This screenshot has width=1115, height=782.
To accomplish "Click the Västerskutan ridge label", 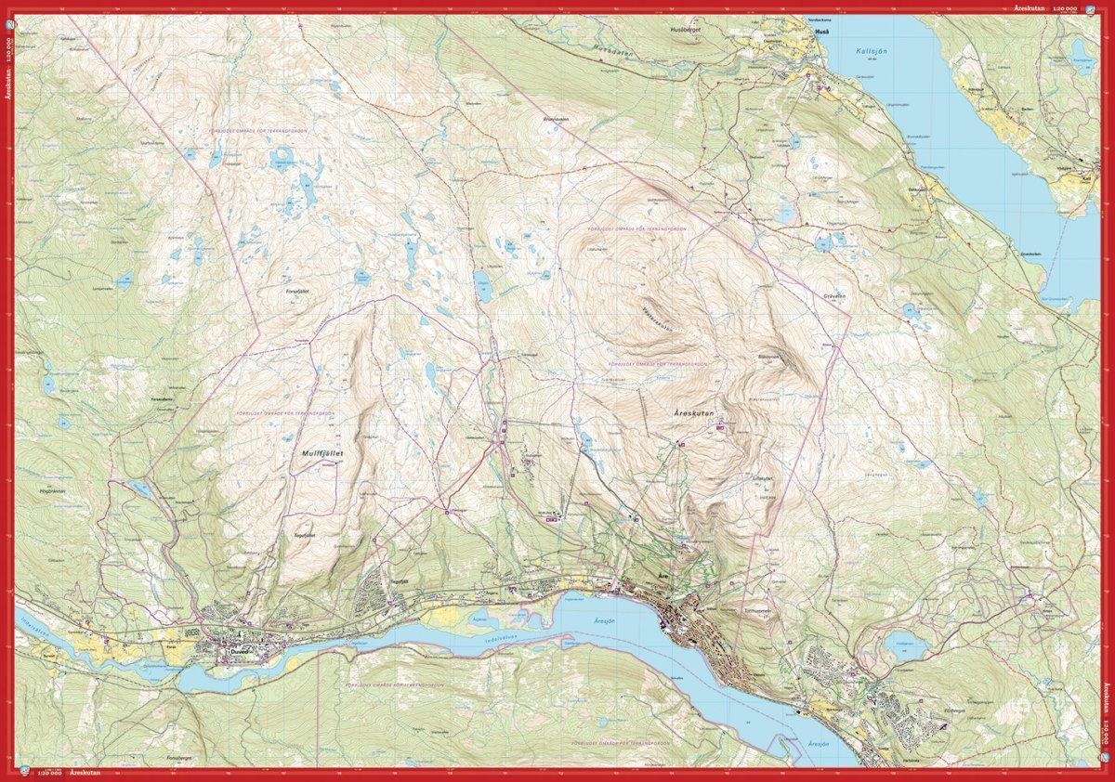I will (658, 319).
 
